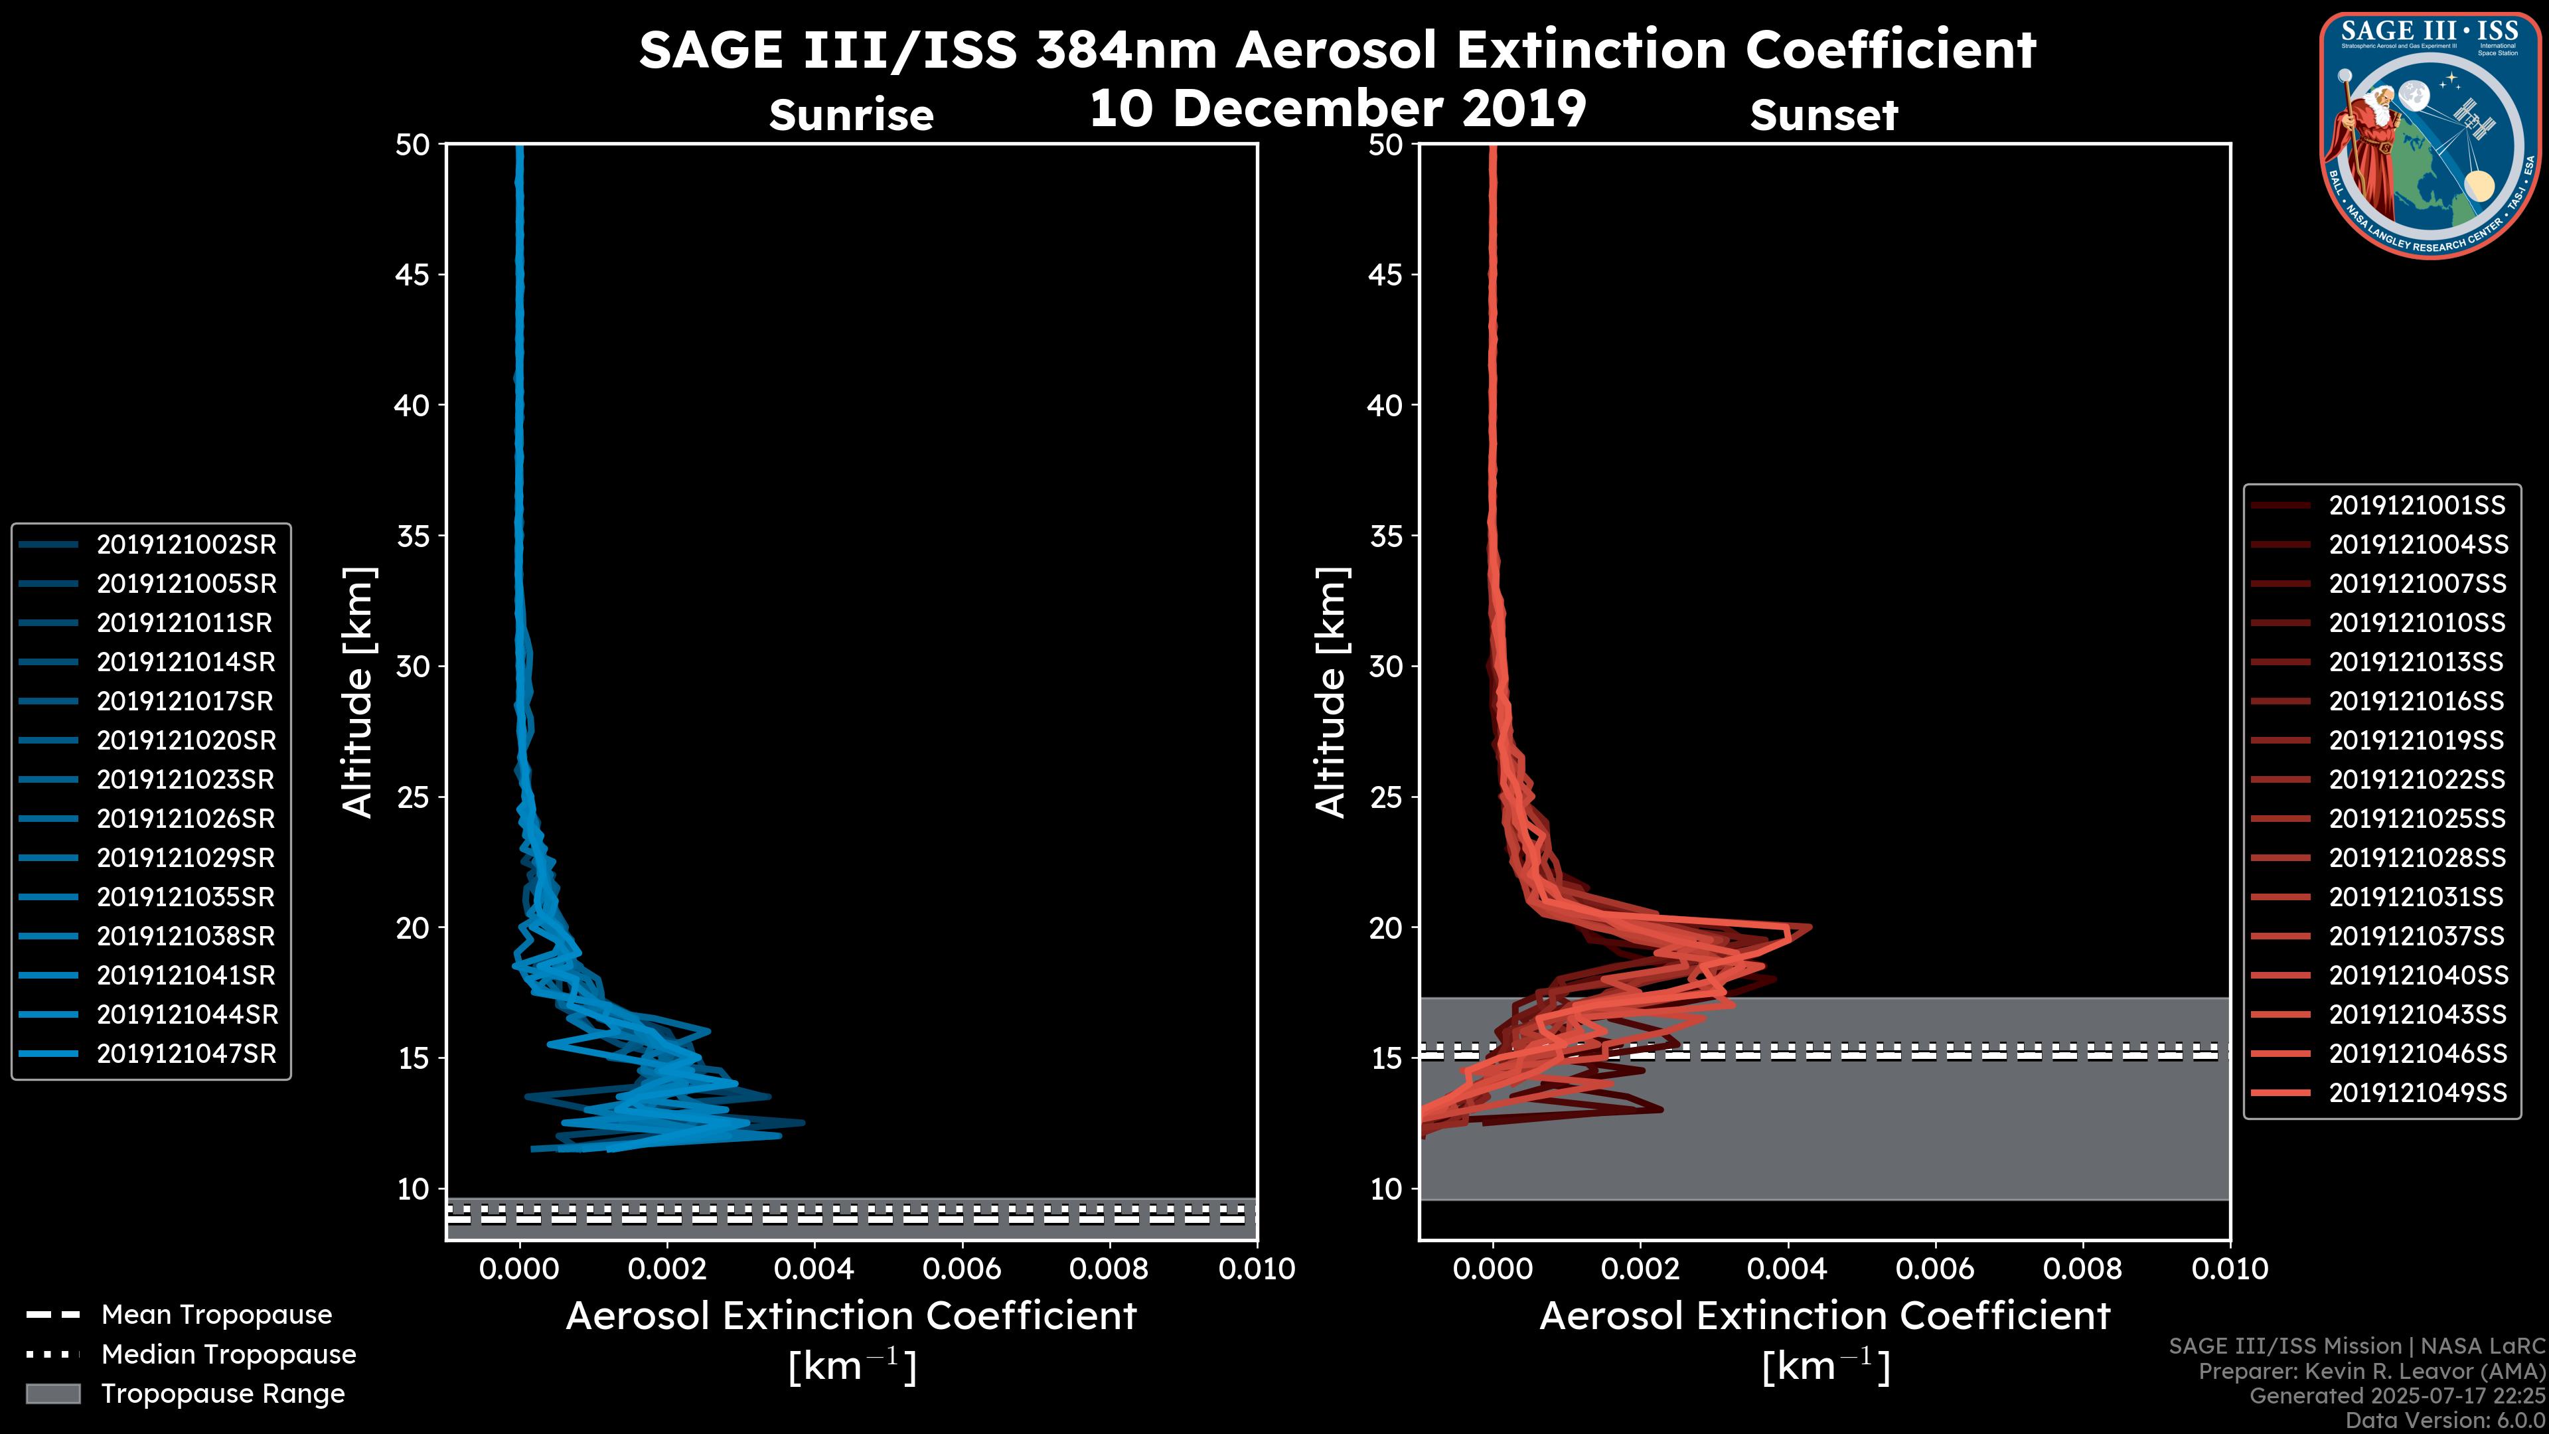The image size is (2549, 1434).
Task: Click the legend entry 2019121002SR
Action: (x=186, y=544)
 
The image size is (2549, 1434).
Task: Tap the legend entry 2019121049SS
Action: (x=2416, y=1093)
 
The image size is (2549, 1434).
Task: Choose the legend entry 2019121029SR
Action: (x=186, y=857)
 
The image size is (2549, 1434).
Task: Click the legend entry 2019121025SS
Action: (x=2416, y=819)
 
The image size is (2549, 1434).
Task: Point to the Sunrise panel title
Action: (x=851, y=115)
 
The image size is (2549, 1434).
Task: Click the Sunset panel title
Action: (x=1823, y=115)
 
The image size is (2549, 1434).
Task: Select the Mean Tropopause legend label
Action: (x=216, y=1314)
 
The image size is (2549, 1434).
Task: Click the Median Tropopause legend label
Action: (x=228, y=1354)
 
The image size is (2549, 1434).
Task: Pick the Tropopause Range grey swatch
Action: (x=52, y=1394)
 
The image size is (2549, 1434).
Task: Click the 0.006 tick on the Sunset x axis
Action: (x=1936, y=1269)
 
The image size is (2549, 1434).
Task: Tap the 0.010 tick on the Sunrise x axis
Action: (x=1257, y=1269)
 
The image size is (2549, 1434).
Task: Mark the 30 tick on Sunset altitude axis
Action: (x=1385, y=666)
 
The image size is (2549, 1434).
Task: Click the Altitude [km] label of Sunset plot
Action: (x=1331, y=692)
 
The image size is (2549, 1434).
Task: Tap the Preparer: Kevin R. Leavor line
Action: (x=2371, y=1371)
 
